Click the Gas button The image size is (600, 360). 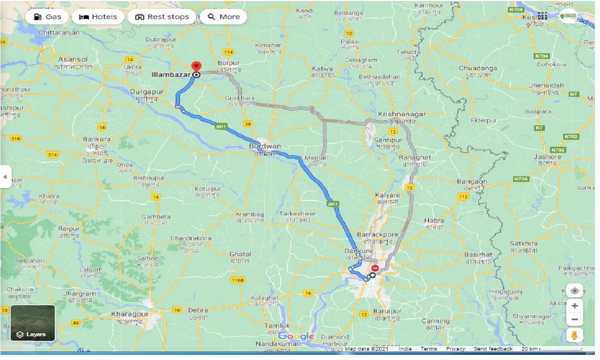47,17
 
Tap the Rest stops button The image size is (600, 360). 162,17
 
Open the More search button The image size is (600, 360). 223,17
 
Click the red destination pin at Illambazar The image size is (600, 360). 197,67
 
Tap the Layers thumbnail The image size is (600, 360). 33,323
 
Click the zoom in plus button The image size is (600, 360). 574,306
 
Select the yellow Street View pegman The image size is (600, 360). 574,335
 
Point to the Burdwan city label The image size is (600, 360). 264,146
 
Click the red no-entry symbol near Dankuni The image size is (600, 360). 375,268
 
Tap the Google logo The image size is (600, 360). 296,337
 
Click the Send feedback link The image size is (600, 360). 493,349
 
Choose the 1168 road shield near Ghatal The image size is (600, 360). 237,280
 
